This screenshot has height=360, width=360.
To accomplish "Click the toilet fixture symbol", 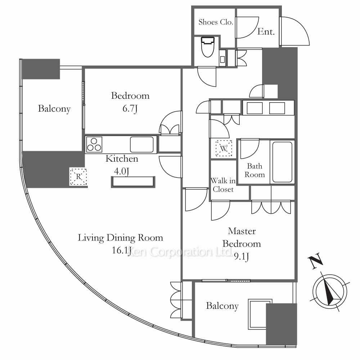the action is pos(208,47).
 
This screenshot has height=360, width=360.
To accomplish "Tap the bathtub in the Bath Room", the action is pos(282,162).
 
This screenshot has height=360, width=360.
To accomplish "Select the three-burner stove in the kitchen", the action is pos(94,144).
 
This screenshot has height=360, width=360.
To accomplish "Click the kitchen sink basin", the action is pos(141,144).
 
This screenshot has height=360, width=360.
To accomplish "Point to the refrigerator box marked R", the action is pos(78,176).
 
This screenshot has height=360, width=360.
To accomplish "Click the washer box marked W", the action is pos(224,148).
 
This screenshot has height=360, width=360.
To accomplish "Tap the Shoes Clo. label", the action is pos(216,22).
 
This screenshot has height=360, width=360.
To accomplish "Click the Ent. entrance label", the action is pos(266,32).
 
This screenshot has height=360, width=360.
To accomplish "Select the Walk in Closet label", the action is pos(223,185).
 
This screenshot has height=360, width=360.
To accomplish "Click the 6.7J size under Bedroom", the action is pos(130,109).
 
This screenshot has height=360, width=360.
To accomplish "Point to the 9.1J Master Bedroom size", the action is pos(242,256).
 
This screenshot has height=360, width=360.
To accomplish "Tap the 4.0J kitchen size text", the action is pos(121,171).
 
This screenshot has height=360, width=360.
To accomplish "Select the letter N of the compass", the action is pos(316,261).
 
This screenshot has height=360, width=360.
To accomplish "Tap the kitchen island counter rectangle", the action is pos(133,182).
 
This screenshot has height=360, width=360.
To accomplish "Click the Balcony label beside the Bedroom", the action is pos(54,109).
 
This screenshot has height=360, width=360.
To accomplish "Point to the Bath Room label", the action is pos(255,170).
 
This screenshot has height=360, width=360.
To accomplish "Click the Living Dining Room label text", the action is pos(121,238).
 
